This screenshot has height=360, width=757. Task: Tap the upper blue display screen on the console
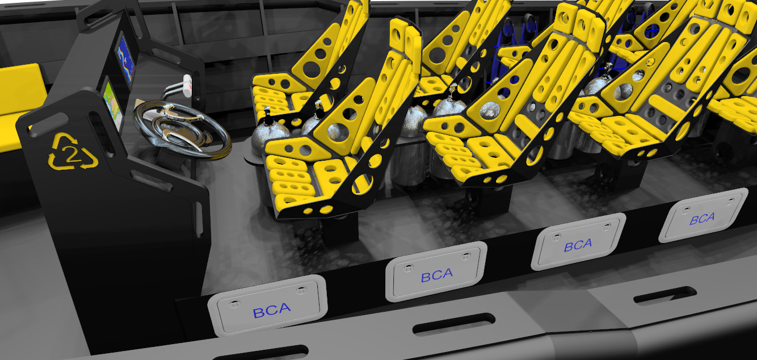[126, 59]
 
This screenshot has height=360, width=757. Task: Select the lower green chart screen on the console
[112, 104]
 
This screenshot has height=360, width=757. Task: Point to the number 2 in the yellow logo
[72, 154]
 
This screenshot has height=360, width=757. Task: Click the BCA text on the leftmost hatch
[272, 310]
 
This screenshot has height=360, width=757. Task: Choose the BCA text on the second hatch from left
[436, 276]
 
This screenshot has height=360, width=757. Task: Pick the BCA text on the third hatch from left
[578, 245]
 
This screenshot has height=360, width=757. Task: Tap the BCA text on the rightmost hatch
[703, 219]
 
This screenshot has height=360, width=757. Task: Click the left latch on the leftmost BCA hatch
[233, 304]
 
